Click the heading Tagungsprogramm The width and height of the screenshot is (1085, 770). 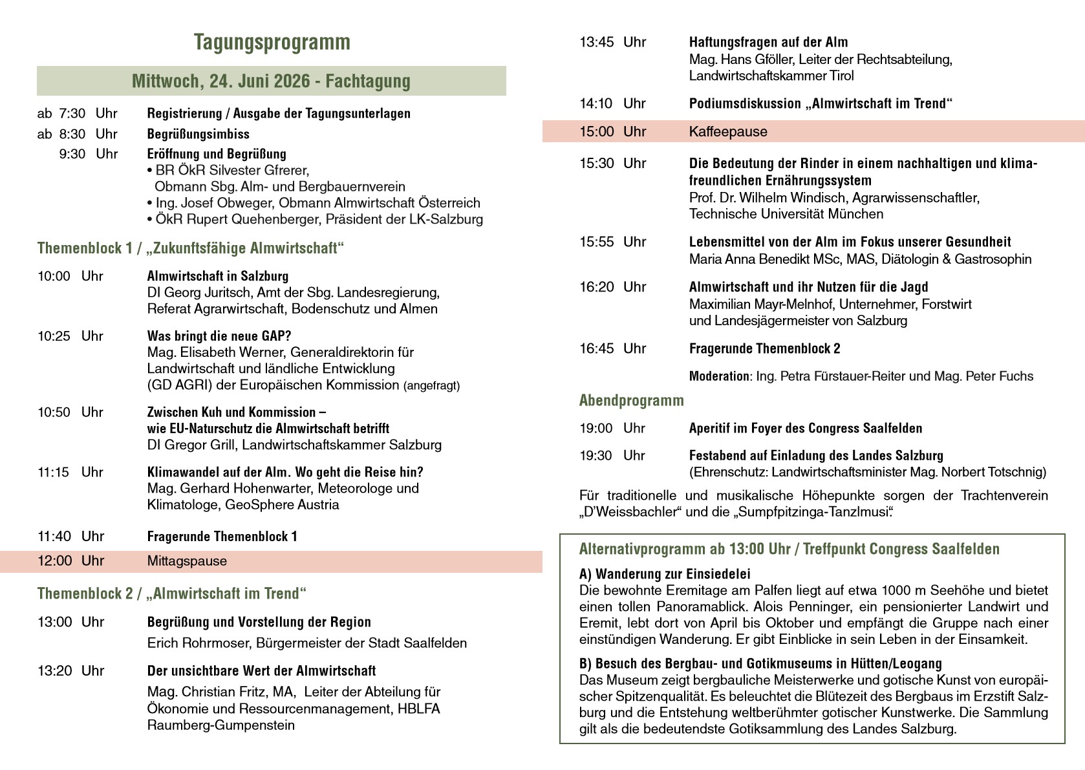point(272,42)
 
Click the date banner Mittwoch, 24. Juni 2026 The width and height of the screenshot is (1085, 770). point(271,81)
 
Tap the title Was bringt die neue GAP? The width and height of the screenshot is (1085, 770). point(219,336)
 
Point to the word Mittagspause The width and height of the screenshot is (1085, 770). point(187,561)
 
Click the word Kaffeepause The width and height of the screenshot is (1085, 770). point(728,132)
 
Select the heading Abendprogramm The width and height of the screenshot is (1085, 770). point(631,401)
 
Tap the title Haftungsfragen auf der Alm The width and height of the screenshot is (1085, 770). point(768,43)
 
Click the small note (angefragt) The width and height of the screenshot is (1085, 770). point(431,386)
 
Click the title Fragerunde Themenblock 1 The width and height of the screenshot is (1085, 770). point(222,537)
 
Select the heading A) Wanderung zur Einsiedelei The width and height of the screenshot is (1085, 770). point(665,574)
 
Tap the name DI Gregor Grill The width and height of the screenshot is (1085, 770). point(191,445)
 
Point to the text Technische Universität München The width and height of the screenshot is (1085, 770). point(786,214)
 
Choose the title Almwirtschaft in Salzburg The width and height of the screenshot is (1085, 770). point(217,277)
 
